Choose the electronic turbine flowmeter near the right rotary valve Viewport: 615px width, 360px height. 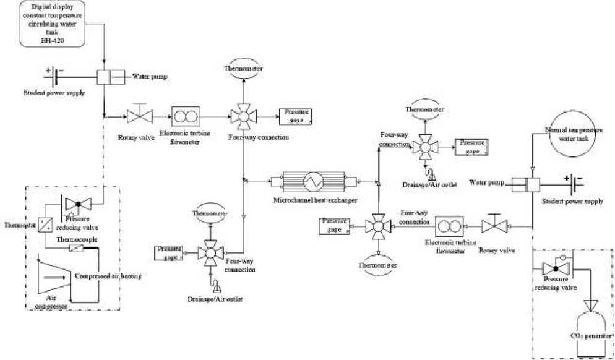point(448,225)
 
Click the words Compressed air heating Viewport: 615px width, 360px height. point(108,276)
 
